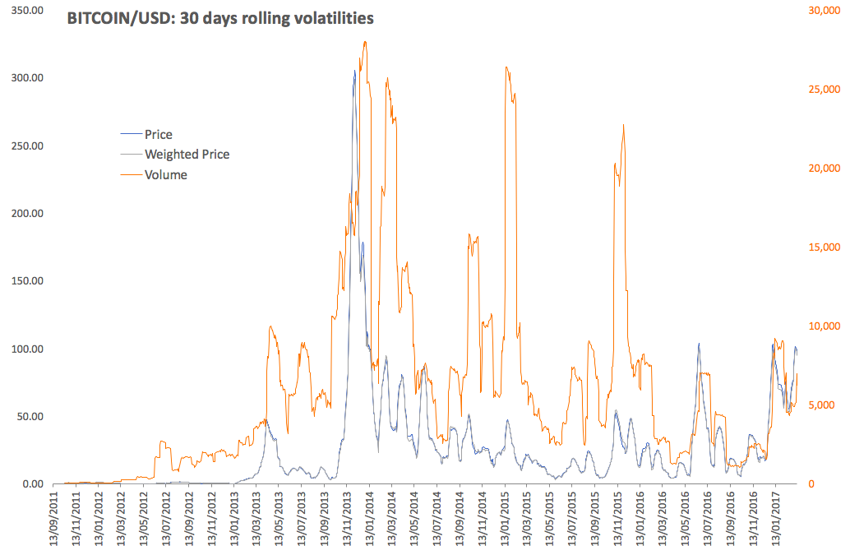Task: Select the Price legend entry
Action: tap(158, 134)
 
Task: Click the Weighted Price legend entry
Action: tap(187, 154)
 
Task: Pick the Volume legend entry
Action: tap(165, 174)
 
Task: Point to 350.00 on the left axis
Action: tap(25, 10)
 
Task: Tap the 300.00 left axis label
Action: tap(25, 77)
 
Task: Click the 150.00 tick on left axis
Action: tap(25, 280)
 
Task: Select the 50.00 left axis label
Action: tap(28, 416)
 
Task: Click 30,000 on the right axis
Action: tap(821, 10)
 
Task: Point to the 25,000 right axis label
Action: tap(821, 89)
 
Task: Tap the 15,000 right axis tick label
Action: tap(821, 247)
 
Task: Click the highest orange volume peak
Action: tap(364, 42)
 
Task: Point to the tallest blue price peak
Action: tap(354, 72)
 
